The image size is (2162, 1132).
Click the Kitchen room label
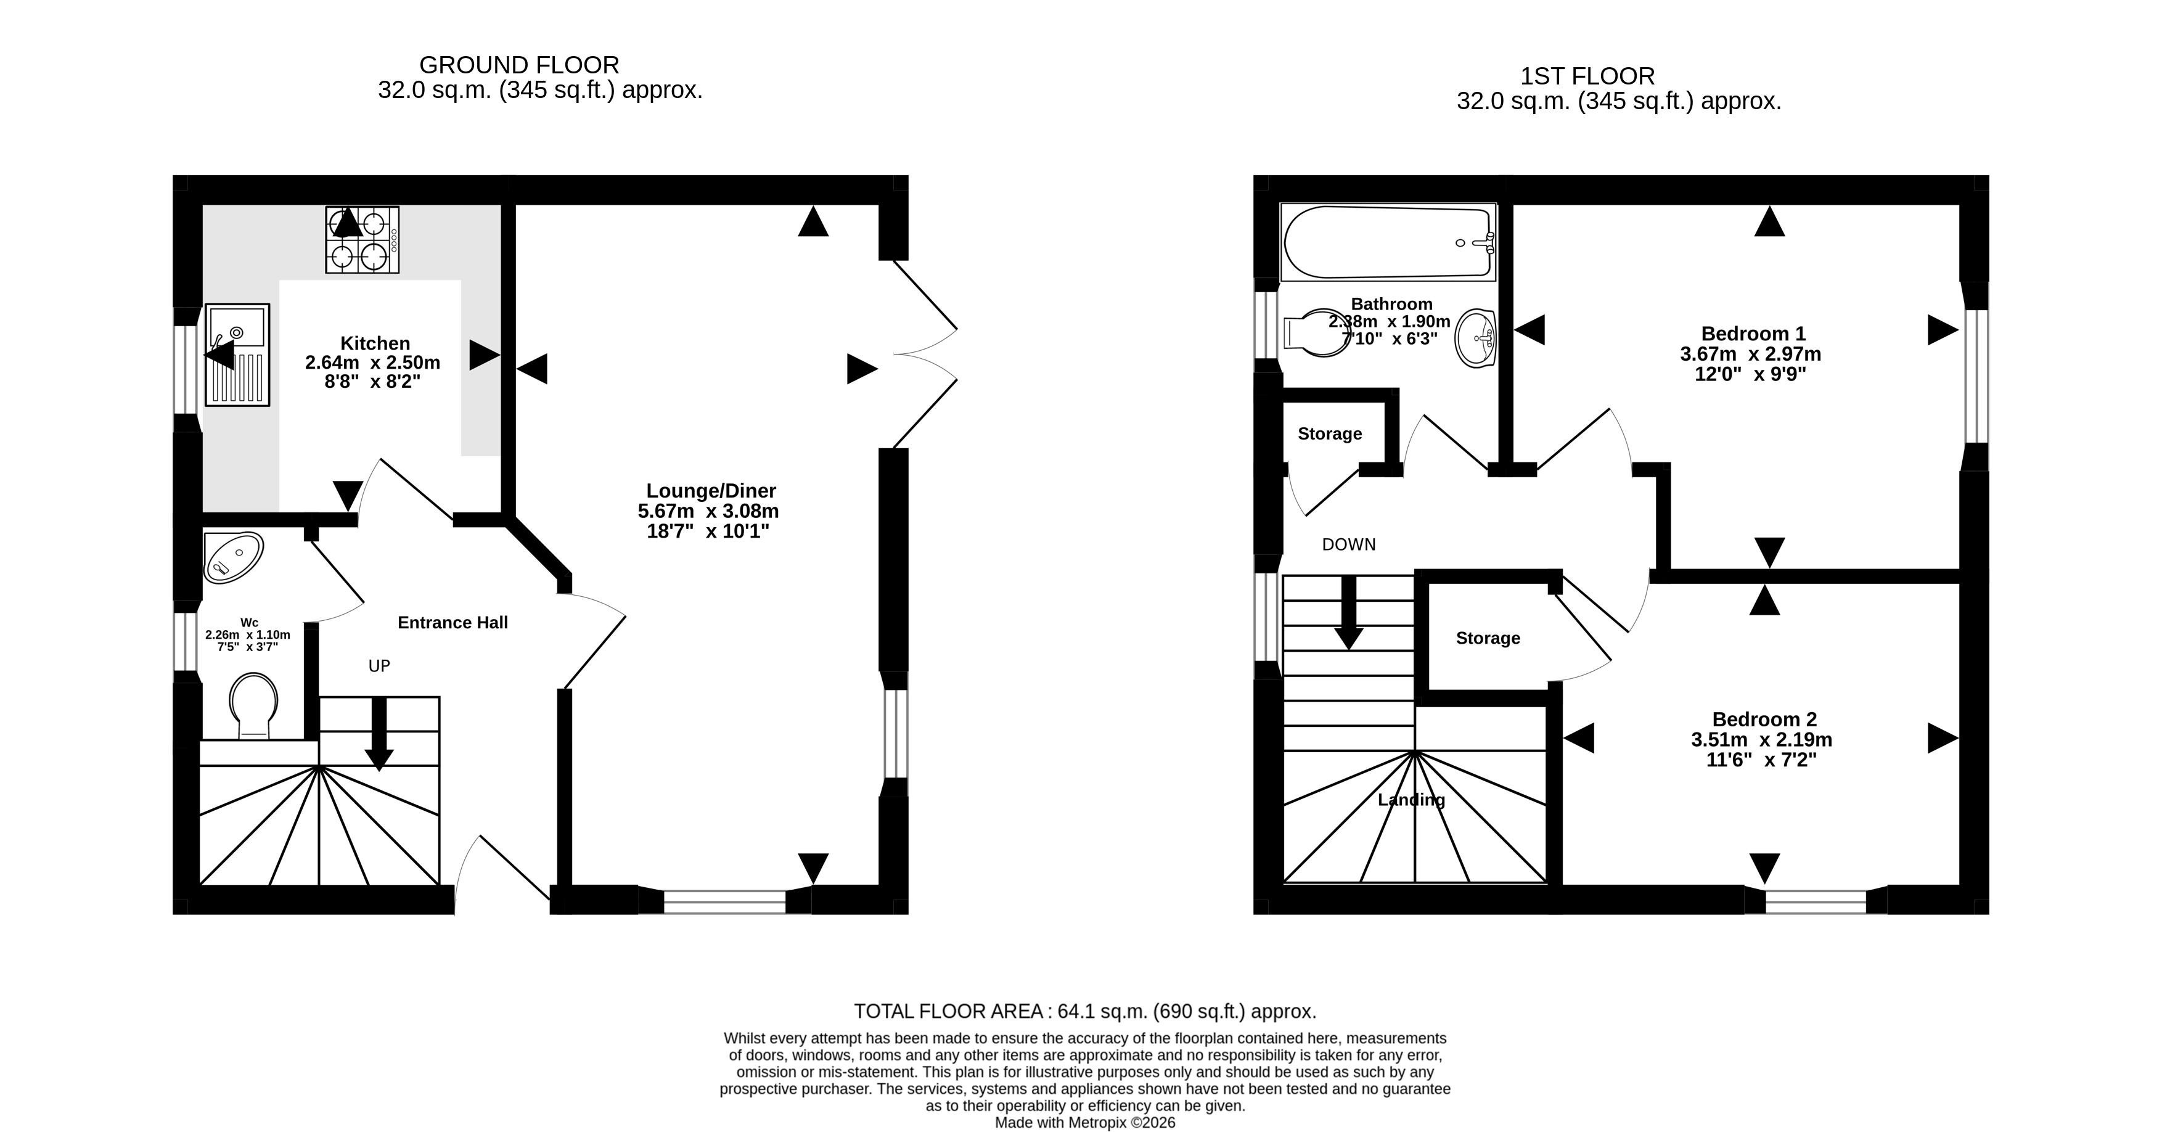tap(375, 343)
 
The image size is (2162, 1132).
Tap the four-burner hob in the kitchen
tap(362, 240)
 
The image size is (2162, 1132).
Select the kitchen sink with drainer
tap(237, 355)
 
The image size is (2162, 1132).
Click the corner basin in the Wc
tap(232, 556)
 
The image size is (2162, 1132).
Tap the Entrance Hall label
tap(452, 623)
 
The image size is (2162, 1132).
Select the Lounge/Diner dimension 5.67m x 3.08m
tap(708, 511)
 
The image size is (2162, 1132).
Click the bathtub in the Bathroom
tap(1388, 242)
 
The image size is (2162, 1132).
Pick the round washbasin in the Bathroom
tap(1475, 338)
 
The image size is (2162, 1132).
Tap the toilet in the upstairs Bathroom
tap(1314, 333)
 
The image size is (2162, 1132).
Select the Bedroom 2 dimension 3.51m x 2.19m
tap(1762, 740)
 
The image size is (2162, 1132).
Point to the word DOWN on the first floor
tap(1349, 544)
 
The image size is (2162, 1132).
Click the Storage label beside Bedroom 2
tap(1488, 639)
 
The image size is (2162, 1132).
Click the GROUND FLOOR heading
tap(520, 65)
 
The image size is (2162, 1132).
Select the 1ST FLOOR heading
tap(1588, 76)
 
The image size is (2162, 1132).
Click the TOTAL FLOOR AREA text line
tap(1085, 1011)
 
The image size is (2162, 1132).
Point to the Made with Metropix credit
tap(1085, 1123)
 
